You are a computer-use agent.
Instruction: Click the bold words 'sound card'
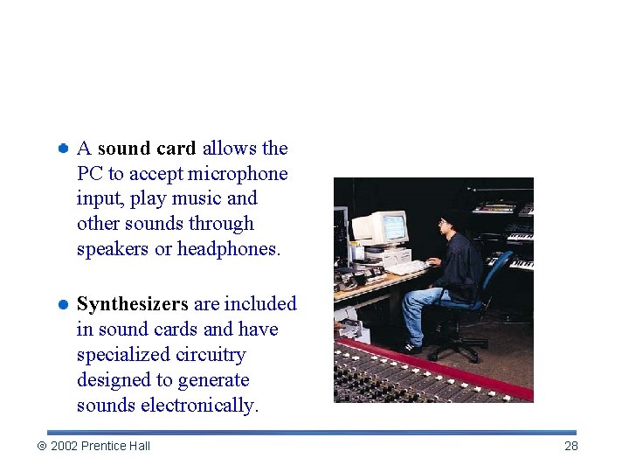coord(147,149)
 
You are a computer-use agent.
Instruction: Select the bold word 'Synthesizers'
coord(133,304)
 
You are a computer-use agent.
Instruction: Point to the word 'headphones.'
coord(229,249)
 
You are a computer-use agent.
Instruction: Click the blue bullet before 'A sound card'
coord(63,149)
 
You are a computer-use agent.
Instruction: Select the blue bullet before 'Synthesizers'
coord(63,304)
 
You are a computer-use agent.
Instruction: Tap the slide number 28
coord(571,446)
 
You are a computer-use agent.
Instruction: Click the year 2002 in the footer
coord(64,446)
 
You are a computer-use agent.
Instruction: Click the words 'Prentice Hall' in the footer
coord(115,446)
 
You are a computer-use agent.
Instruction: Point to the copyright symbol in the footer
coord(40,446)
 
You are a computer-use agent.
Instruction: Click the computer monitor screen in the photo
coord(393,227)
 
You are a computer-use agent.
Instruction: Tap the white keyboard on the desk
coord(407,267)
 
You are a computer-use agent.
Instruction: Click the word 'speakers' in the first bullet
coord(113,249)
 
